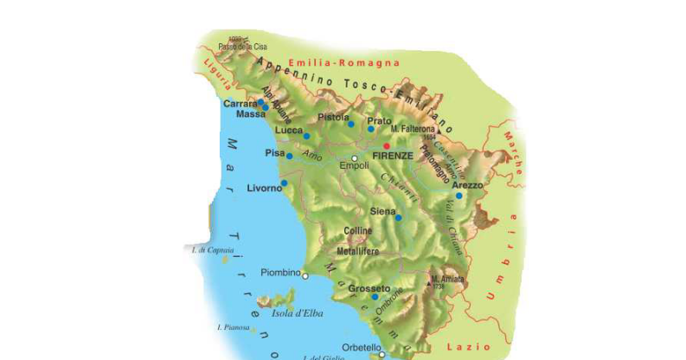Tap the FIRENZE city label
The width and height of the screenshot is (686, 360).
tap(393, 156)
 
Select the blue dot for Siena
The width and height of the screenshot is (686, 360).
tap(398, 218)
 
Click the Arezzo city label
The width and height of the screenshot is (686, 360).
tap(467, 185)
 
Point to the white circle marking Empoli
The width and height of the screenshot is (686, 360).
tap(355, 157)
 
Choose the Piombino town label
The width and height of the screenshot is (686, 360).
tap(279, 271)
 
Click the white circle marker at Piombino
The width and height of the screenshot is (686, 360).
tap(305, 275)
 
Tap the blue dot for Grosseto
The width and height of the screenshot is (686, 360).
tap(375, 297)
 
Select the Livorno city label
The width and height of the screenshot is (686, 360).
tap(265, 188)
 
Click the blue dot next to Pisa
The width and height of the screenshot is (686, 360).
tap(290, 157)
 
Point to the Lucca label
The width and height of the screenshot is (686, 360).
tap(289, 131)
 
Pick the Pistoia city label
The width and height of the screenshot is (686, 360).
tap(333, 116)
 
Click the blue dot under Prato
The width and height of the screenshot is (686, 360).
tap(370, 129)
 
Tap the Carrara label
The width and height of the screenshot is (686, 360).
tap(240, 104)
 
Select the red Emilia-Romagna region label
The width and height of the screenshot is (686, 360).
tap(343, 63)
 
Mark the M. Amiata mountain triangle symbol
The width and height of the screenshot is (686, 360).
tap(430, 280)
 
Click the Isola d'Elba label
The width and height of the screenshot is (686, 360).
tap(298, 313)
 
